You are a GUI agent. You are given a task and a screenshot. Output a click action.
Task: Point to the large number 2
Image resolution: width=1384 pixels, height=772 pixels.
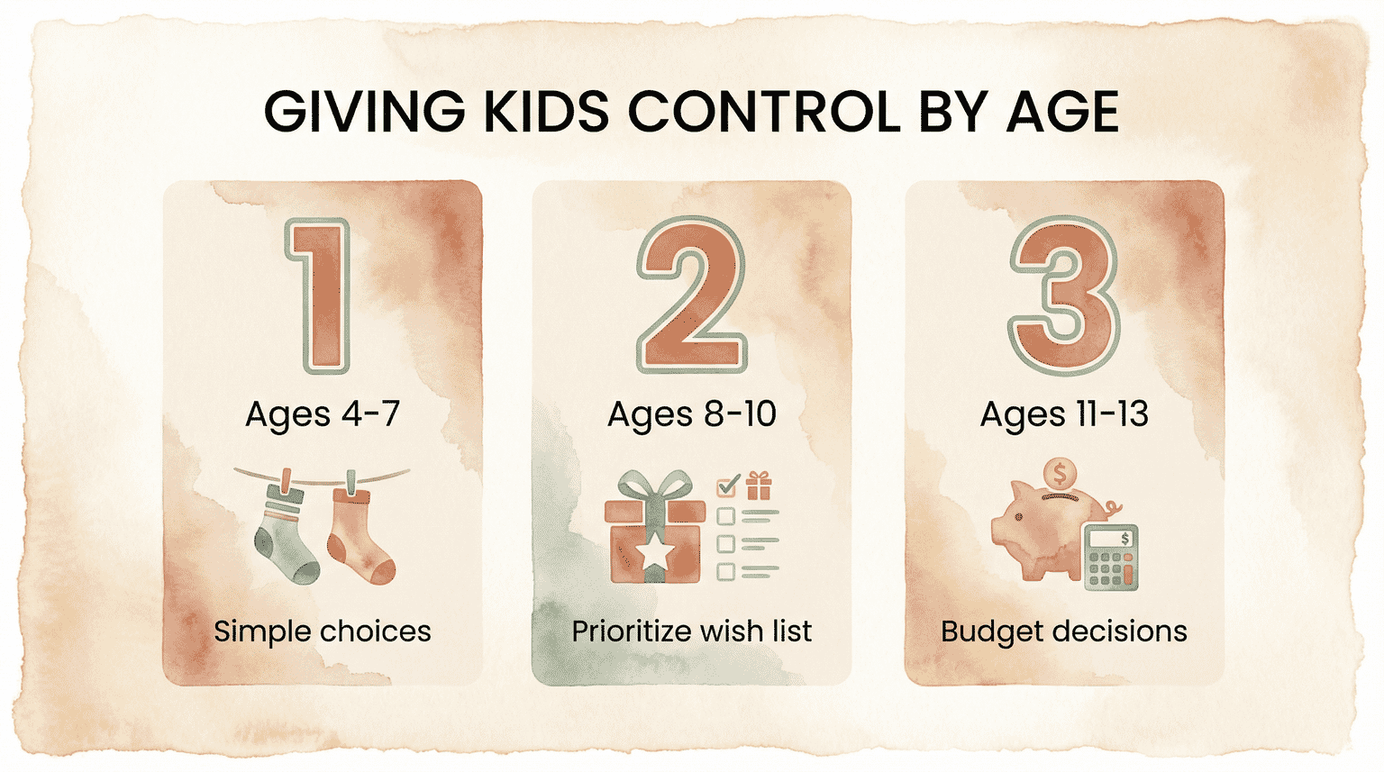pos(691,295)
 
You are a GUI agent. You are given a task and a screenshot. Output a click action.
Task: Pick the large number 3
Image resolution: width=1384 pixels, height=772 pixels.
pos(1064,295)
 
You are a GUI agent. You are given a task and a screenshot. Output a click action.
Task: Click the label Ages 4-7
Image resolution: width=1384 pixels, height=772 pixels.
pos(323,414)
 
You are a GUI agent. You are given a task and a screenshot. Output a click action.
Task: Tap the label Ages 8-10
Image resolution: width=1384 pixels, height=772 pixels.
pos(691,414)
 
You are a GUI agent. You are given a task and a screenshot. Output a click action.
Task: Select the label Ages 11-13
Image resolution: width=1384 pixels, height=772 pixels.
pos(1064,414)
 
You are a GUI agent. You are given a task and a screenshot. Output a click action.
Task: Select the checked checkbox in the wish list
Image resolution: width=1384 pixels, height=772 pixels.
pos(726,487)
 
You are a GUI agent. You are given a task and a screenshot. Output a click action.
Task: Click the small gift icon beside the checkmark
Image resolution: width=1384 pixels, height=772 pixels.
pos(759,486)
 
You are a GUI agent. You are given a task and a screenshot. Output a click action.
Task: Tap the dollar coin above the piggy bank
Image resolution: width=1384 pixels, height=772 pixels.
pos(1060,473)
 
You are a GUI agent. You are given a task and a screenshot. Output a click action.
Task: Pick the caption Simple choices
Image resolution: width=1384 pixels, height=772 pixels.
pos(323,631)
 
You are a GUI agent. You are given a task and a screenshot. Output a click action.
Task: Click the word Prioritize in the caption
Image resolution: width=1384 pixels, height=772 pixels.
pos(632,631)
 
